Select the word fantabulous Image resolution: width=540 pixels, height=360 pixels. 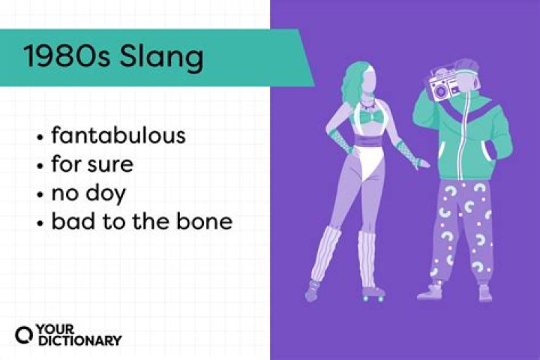tap(118, 137)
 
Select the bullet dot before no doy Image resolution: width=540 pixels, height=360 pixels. tap(39, 194)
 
